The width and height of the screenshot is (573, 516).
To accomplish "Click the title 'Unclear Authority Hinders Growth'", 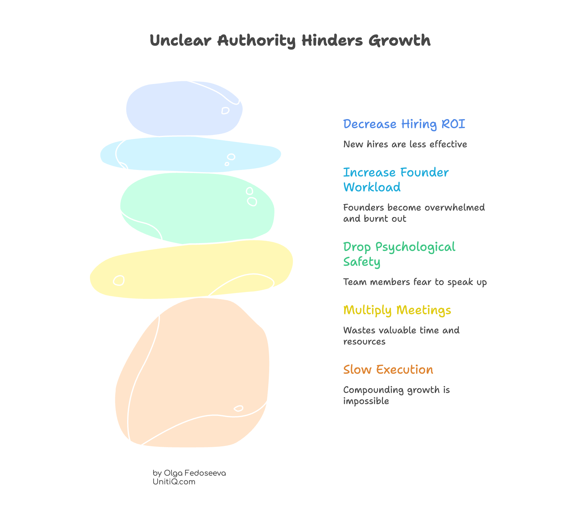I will pos(290,41).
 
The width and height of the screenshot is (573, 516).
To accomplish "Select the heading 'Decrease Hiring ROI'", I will pos(404,124).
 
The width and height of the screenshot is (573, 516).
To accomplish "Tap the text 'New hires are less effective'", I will pos(405,144).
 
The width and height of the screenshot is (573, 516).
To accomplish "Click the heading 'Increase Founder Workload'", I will pos(396,180).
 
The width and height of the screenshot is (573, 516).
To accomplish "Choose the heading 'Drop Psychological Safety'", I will pos(399,254).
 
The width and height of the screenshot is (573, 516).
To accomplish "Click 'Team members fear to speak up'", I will pos(415,282).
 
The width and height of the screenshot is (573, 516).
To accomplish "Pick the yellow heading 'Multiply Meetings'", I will pos(397,310).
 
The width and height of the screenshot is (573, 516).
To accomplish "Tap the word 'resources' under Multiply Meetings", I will pos(364,342).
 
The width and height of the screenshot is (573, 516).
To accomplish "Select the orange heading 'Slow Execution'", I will pos(388,370).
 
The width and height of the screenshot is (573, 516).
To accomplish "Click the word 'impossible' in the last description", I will pos(366,401).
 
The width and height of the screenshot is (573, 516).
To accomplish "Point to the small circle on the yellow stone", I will pos(119,280).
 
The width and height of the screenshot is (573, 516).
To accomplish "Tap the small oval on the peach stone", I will pos(238,408).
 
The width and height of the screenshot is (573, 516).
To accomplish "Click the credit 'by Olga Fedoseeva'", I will pos(189,473).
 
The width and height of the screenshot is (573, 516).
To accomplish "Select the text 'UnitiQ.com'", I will pos(174,482).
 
